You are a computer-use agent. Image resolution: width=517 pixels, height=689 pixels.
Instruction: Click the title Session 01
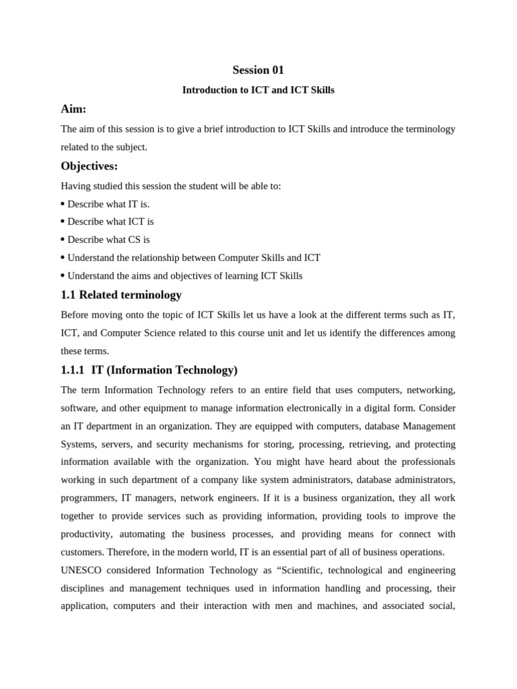click(258, 70)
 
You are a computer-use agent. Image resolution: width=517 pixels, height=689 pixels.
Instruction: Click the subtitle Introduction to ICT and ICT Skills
click(258, 90)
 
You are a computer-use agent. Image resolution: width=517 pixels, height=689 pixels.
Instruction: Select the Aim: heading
click(73, 109)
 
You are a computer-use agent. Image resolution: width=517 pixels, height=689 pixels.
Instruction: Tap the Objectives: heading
click(89, 166)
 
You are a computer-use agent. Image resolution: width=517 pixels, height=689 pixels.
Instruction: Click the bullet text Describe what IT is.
click(108, 204)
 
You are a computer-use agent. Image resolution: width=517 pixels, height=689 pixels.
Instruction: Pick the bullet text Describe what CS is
click(108, 240)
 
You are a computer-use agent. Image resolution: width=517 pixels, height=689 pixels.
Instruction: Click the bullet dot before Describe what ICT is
click(63, 222)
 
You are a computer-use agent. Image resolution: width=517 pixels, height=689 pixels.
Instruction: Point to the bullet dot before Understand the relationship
click(63, 258)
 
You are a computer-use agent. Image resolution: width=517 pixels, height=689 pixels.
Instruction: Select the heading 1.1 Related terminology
click(121, 295)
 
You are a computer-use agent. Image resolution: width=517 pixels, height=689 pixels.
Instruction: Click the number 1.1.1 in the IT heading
click(73, 370)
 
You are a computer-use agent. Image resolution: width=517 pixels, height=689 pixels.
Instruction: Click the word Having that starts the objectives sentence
click(75, 186)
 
